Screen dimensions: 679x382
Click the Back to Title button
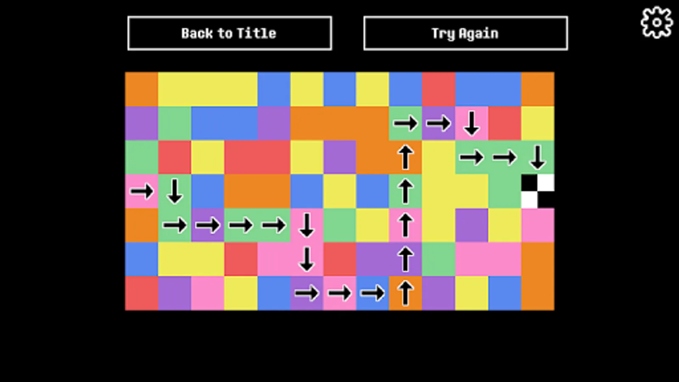pos(230,33)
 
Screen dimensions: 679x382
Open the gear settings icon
pos(657,23)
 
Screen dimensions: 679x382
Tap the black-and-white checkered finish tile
pos(538,191)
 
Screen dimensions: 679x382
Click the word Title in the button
pos(256,33)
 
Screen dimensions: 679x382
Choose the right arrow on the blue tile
pos(372,293)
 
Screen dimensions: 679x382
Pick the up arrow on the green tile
pos(406,191)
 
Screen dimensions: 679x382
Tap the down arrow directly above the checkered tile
pos(538,157)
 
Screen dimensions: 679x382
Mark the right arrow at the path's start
pos(142,191)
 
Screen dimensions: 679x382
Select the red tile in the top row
pos(438,89)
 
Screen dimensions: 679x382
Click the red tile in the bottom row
pos(142,293)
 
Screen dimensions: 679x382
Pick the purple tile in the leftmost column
pos(142,124)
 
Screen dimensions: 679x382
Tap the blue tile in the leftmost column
pos(142,259)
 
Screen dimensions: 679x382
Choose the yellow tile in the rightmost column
pos(538,124)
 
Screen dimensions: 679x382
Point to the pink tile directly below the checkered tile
pos(538,225)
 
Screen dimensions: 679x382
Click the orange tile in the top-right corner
pos(538,89)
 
